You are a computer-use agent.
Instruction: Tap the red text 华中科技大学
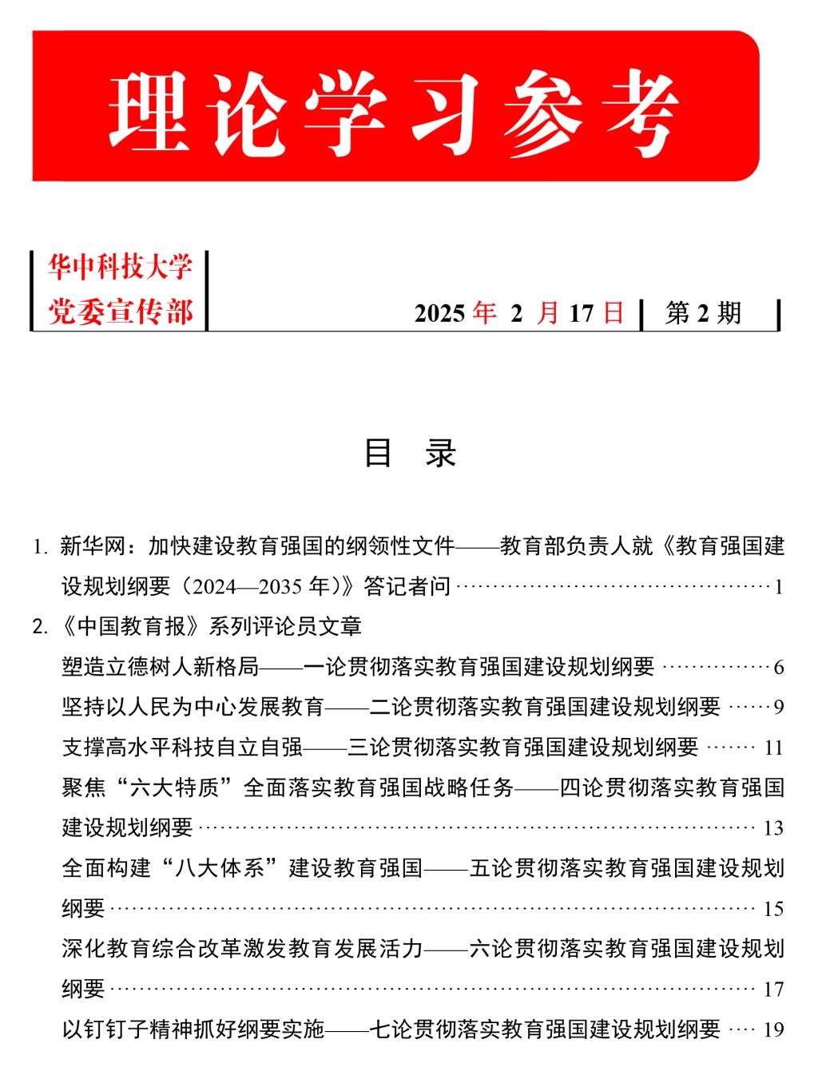point(121,268)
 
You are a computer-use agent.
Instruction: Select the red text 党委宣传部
point(121,312)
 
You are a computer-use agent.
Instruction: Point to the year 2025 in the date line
point(439,314)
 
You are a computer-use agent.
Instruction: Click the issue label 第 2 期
point(703,313)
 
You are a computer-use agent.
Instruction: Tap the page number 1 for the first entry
point(778,588)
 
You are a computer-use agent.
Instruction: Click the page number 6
point(779,667)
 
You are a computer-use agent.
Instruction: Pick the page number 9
point(779,708)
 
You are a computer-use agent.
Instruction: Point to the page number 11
point(773,748)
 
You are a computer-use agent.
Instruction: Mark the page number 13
point(773,828)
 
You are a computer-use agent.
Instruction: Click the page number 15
point(773,909)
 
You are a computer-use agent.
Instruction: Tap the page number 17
point(773,990)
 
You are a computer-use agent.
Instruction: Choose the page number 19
point(773,1030)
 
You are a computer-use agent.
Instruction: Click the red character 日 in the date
point(613,313)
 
